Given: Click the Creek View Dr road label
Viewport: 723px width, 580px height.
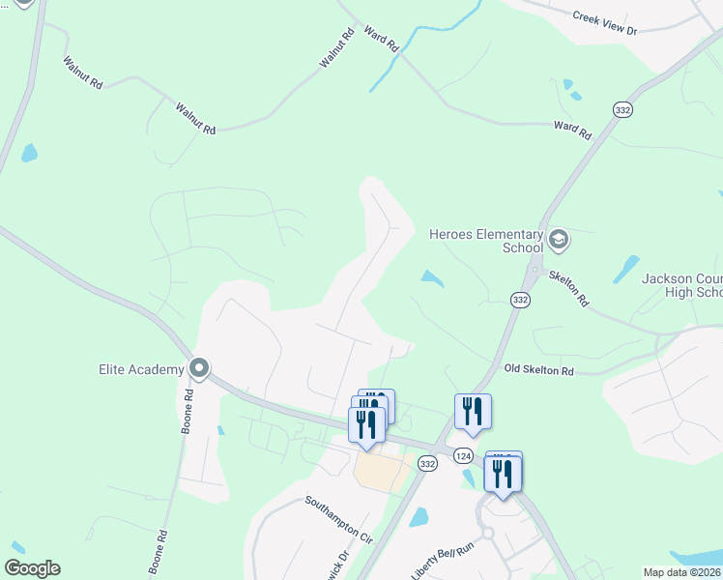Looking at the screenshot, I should [605, 23].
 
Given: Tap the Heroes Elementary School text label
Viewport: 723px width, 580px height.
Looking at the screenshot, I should [486, 241].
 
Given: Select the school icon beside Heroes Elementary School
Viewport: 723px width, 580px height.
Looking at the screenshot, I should [558, 239].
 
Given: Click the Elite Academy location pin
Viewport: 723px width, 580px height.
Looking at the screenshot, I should [200, 368].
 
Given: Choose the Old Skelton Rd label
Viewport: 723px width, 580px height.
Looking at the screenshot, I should [539, 370].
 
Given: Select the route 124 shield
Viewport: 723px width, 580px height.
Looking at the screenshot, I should [465, 454].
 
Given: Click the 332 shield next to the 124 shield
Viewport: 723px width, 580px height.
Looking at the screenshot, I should [428, 464].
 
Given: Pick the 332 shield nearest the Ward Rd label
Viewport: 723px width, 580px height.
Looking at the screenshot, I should [622, 111].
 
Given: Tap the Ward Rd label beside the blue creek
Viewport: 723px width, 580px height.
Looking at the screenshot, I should [381, 39].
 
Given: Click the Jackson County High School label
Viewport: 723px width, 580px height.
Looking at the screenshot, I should [682, 285].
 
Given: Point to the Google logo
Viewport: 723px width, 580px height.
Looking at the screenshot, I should [32, 568].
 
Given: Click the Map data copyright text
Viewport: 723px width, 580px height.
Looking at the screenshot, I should [682, 572].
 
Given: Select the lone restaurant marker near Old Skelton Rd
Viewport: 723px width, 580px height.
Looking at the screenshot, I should [473, 411].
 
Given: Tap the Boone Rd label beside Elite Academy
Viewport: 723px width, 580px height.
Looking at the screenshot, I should [187, 411].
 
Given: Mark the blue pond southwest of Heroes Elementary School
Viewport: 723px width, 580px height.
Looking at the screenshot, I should [432, 279].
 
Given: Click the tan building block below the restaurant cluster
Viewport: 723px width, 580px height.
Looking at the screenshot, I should [381, 473].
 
